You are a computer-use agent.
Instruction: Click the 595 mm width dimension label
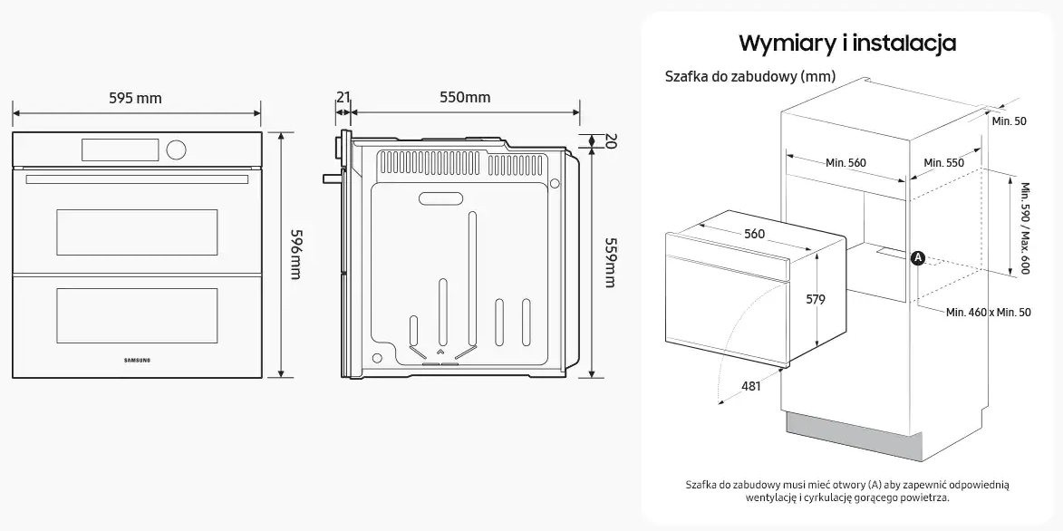point(135,98)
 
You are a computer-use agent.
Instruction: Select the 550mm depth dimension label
point(464,98)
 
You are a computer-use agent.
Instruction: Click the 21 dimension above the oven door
point(343,97)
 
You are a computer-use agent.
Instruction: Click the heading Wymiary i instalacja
point(847,43)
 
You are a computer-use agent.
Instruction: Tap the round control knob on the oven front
point(178,148)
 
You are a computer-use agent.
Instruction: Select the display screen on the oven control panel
point(120,148)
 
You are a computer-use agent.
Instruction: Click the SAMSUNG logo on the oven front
point(137,359)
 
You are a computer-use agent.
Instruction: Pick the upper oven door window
point(137,231)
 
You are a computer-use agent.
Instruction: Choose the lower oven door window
point(137,315)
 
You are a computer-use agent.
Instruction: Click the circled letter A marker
point(917,258)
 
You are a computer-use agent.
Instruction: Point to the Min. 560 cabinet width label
point(846,163)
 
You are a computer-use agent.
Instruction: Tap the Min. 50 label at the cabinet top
point(1009,121)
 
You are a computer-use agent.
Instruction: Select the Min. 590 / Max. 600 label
point(1025,227)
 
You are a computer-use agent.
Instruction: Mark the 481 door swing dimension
point(749,386)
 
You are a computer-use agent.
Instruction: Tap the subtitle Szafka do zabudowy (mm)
point(749,76)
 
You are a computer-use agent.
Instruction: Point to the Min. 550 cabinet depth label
point(943,163)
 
